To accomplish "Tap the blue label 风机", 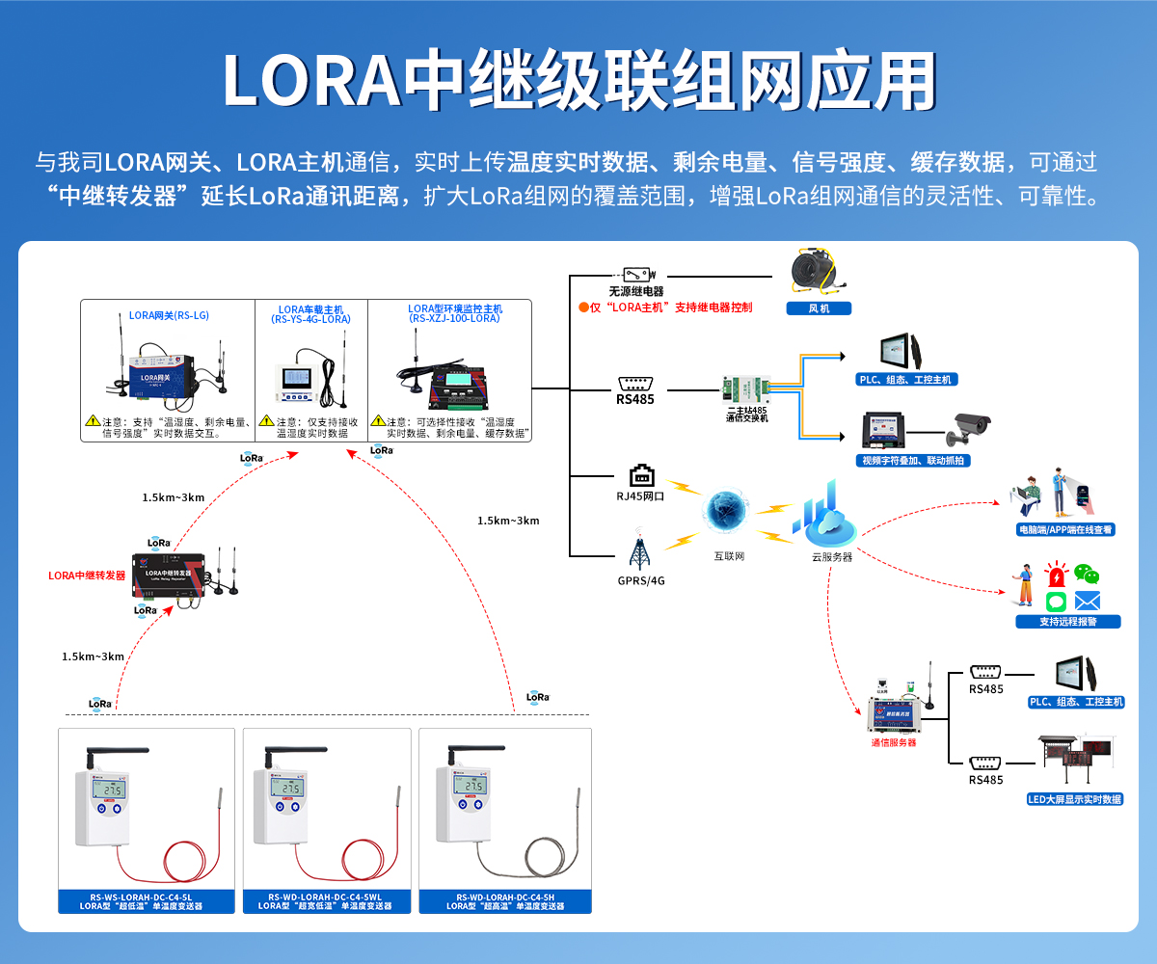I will pyautogui.click(x=818, y=308).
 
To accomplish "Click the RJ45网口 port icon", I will pyautogui.click(x=641, y=475).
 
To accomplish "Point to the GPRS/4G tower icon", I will pyautogui.click(x=639, y=550).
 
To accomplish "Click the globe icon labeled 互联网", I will pyautogui.click(x=728, y=512).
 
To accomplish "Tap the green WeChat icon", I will pyautogui.click(x=1088, y=575).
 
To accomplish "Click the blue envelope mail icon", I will pyautogui.click(x=1088, y=602).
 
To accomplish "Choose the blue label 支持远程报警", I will pyautogui.click(x=1067, y=622).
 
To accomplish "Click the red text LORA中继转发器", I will pyautogui.click(x=87, y=576).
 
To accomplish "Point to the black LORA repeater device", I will pyautogui.click(x=169, y=576).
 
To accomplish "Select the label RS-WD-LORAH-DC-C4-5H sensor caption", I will pyautogui.click(x=504, y=901).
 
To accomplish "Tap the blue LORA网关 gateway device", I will pyautogui.click(x=154, y=371).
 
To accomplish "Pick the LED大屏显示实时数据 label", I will pyautogui.click(x=1075, y=799).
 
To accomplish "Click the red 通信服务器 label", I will pyautogui.click(x=894, y=742).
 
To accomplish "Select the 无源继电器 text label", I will pyautogui.click(x=636, y=291).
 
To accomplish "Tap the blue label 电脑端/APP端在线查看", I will pyautogui.click(x=1065, y=529).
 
